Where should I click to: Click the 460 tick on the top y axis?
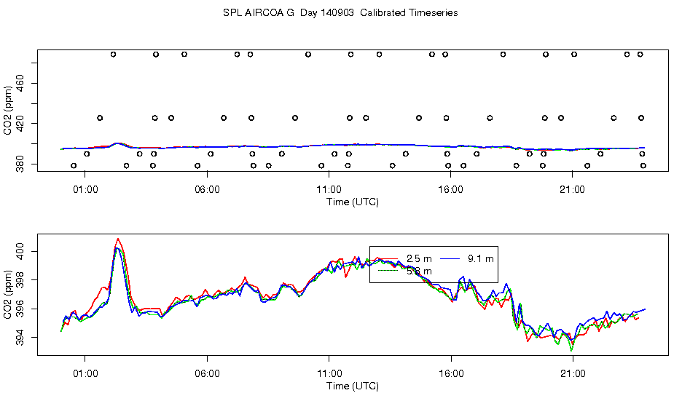(20, 85)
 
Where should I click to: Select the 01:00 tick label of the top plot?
(85, 191)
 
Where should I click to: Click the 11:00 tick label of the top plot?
(329, 191)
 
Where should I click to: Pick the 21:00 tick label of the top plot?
(573, 191)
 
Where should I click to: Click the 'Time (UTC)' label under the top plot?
(352, 202)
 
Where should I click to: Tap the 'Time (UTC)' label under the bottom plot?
(352, 386)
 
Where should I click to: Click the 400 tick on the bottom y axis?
(20, 252)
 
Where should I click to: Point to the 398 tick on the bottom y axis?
(20, 281)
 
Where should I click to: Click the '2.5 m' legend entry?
(418, 258)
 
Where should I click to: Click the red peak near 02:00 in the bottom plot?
(118, 239)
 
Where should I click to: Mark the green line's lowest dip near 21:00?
(572, 350)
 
